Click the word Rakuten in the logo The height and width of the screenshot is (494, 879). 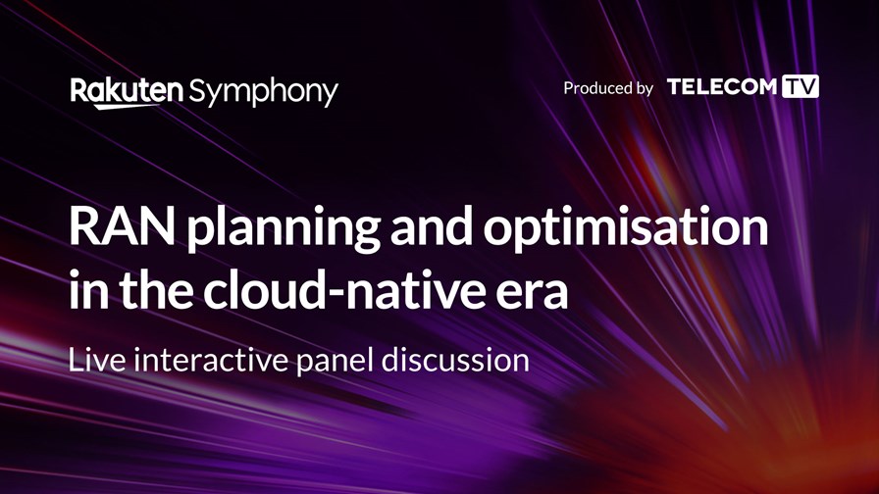127,90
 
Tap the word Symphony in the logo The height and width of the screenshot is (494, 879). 264,93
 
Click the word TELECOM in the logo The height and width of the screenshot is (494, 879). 721,87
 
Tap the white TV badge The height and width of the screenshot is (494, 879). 801,86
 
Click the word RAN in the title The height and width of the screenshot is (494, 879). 122,226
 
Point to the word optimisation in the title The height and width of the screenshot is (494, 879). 626,228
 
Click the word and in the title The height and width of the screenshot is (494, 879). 431,225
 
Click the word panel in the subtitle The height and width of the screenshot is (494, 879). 335,363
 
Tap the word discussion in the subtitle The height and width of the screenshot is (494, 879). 455,360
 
